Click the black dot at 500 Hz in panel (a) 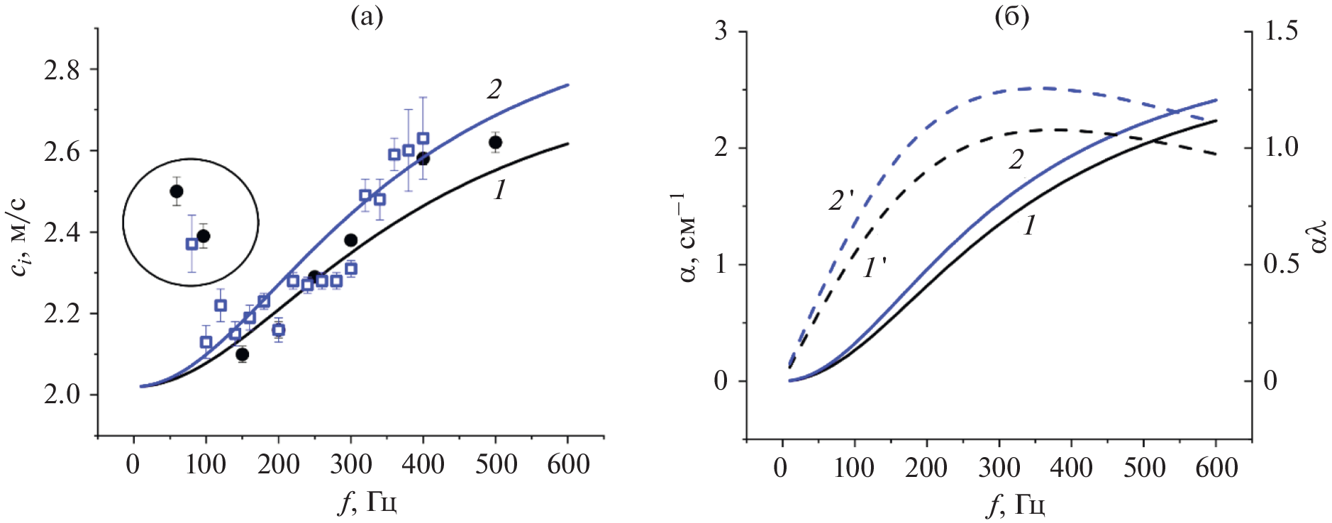pyautogui.click(x=495, y=142)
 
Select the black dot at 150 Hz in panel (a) pyautogui.click(x=243, y=354)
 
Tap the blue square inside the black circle pyautogui.click(x=192, y=244)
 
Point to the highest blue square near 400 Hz pyautogui.click(x=423, y=138)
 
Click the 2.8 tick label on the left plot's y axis pyautogui.click(x=62, y=70)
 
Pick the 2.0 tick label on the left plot pyautogui.click(x=62, y=395)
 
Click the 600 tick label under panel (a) pyautogui.click(x=567, y=465)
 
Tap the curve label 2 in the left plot pyautogui.click(x=494, y=89)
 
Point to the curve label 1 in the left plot pyautogui.click(x=500, y=190)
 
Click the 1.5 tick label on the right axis pyautogui.click(x=1281, y=32)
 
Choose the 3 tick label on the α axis pyautogui.click(x=720, y=32)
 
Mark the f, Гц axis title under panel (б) pyautogui.click(x=1016, y=505)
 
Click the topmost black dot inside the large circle pyautogui.click(x=177, y=191)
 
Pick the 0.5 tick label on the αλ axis pyautogui.click(x=1281, y=264)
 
